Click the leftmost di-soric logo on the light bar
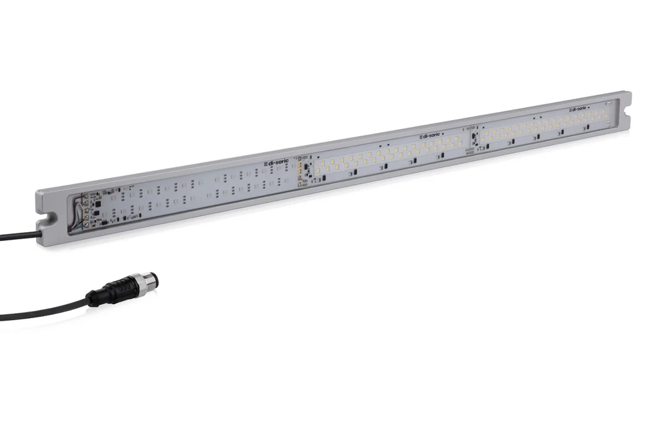click(277, 163)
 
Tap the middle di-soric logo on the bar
click(431, 135)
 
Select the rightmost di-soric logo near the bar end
click(577, 109)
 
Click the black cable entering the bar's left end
click(19, 237)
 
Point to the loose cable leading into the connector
click(44, 309)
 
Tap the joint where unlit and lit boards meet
click(303, 170)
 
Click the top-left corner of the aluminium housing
click(38, 190)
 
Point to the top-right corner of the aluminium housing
click(628, 94)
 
